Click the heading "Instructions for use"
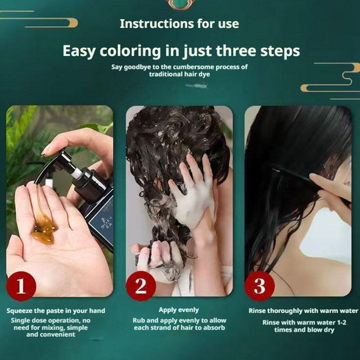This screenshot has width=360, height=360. pos(179,24)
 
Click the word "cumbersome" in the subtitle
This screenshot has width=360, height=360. pos(193,67)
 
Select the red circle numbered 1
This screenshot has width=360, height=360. pos(21,286)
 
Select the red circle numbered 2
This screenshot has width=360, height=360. pos(141,286)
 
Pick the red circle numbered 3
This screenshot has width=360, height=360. pos(260,286)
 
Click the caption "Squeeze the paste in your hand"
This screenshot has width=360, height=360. pos(56,311)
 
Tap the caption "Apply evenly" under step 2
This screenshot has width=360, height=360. pos(179,310)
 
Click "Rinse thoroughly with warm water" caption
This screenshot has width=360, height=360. pos(303,311)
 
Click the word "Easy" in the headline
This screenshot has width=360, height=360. pos(78,51)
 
